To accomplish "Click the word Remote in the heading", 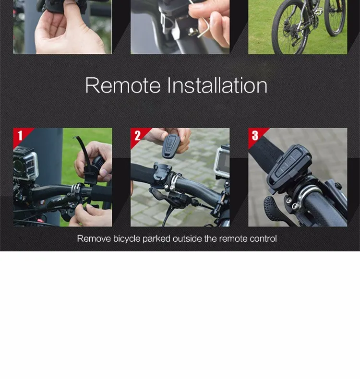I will (122, 86).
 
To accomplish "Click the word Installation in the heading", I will (217, 86).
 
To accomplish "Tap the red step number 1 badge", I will (20, 135).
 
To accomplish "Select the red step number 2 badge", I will (137, 135).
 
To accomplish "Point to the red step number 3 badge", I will (255, 135).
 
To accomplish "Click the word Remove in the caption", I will (94, 238).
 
